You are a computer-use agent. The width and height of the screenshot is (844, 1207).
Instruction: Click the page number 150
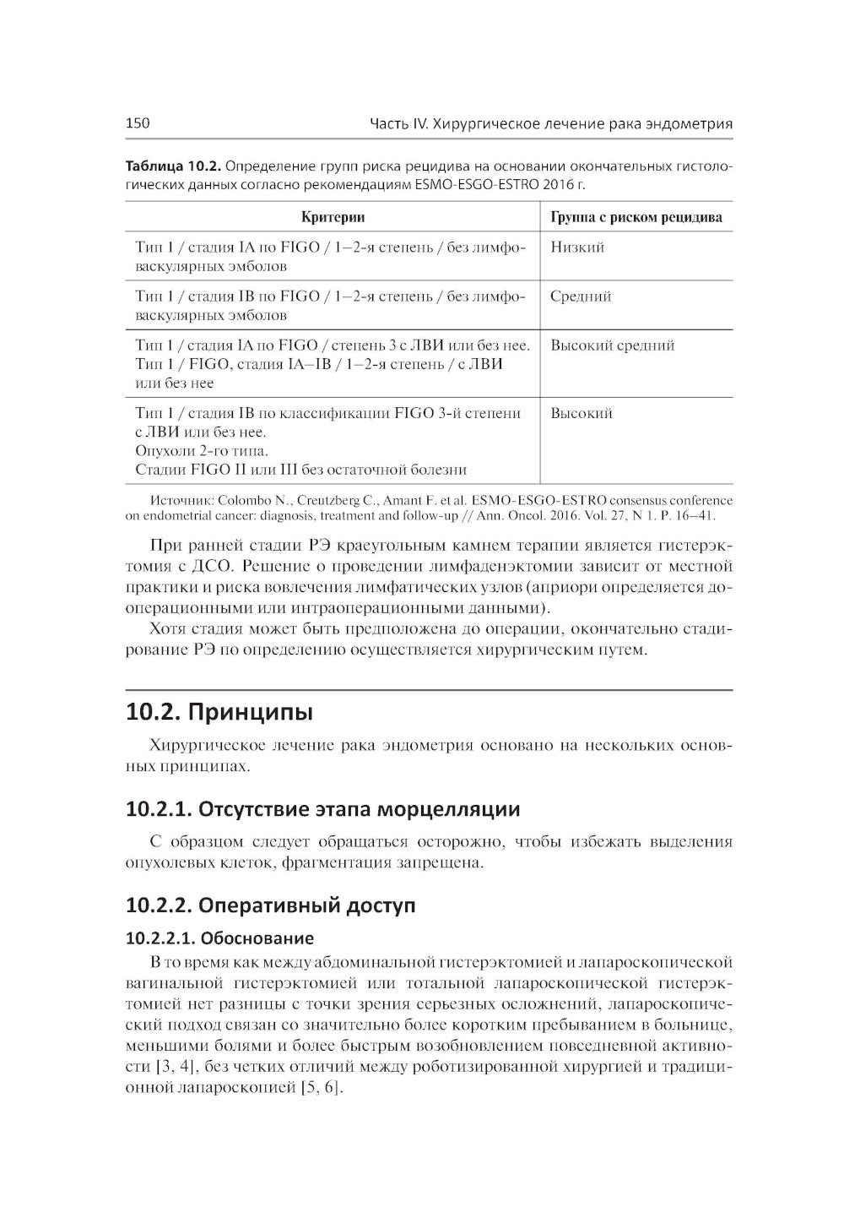click(x=138, y=123)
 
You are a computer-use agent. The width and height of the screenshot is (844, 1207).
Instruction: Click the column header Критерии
click(x=333, y=217)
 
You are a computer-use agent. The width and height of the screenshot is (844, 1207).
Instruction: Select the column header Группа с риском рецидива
click(x=636, y=217)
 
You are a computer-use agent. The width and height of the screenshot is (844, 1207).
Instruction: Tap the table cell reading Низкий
click(x=577, y=247)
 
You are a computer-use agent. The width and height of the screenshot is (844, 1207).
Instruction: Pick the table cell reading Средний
click(x=581, y=296)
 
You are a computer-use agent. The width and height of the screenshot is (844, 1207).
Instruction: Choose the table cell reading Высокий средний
click(x=612, y=345)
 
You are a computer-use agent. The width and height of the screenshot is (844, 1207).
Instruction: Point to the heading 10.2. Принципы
click(x=219, y=712)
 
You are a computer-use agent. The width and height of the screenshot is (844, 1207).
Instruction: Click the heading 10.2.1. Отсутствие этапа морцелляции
click(x=322, y=809)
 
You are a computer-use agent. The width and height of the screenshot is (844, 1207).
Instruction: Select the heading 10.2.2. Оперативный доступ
click(x=270, y=905)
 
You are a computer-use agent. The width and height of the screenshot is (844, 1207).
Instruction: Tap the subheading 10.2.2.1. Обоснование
click(x=219, y=938)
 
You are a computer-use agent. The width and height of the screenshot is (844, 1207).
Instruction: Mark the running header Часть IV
click(x=399, y=123)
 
